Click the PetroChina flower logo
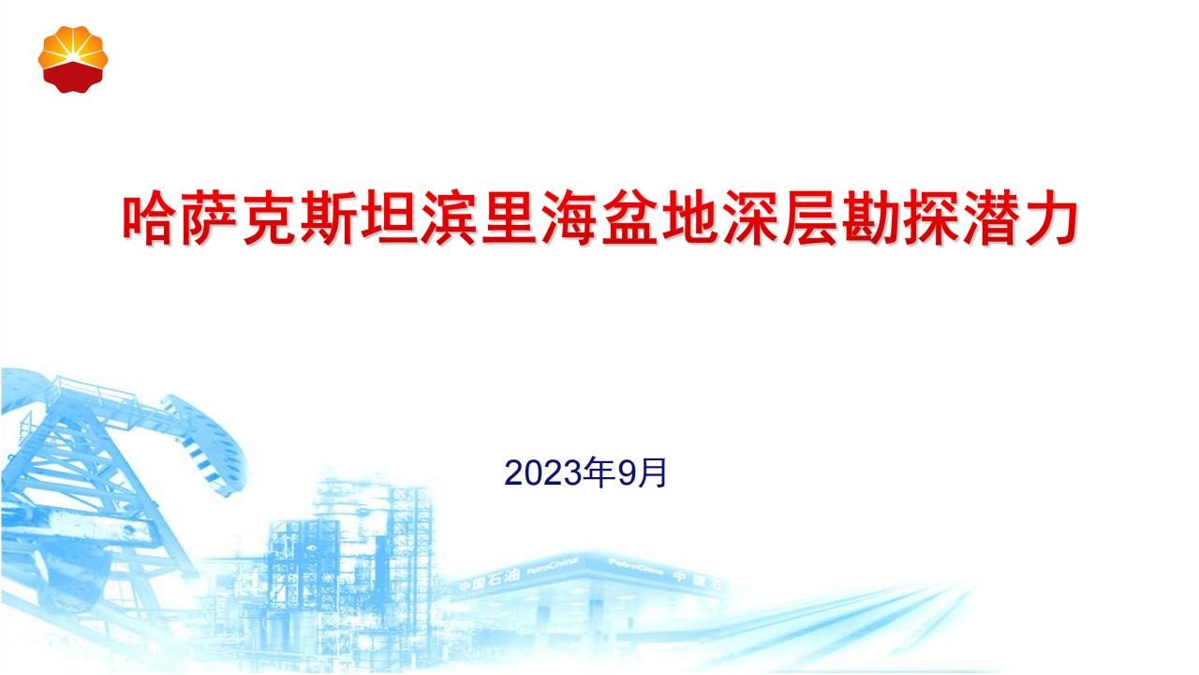tap(73, 59)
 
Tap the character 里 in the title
tap(510, 217)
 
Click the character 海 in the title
tap(570, 217)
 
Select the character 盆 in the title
tap(629, 217)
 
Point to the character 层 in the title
tap(810, 217)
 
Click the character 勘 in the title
tap(870, 217)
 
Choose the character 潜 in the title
tap(990, 217)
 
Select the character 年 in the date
tap(599, 472)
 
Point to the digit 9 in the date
tap(625, 473)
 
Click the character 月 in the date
tap(651, 472)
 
